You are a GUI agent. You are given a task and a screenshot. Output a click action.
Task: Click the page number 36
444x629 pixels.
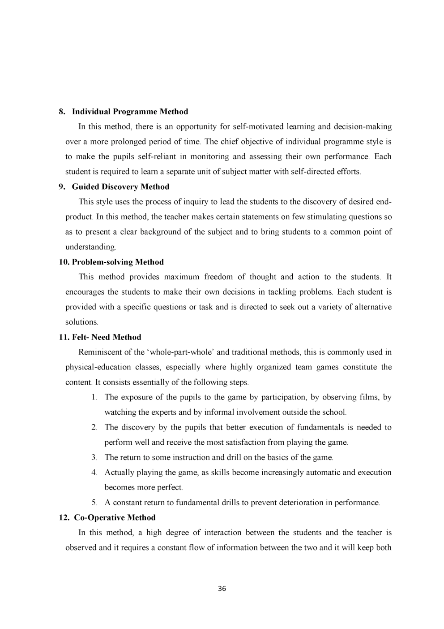click(x=222, y=589)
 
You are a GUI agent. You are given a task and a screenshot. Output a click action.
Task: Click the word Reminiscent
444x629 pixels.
click(x=100, y=352)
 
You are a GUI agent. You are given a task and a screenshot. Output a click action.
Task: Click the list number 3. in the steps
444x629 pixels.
click(x=94, y=458)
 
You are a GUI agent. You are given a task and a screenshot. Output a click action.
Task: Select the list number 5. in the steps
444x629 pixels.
click(x=94, y=503)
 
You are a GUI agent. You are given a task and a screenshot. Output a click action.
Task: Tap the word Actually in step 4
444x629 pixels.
click(x=118, y=473)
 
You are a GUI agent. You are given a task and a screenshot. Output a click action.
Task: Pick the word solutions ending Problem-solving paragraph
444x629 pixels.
click(x=81, y=322)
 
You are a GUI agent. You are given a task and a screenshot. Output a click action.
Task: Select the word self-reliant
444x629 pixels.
click(x=164, y=157)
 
